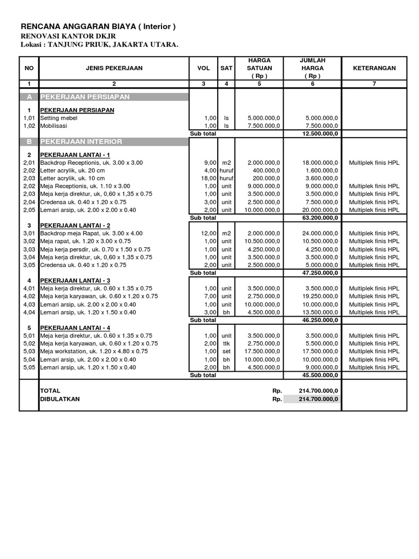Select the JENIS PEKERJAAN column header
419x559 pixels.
(114, 68)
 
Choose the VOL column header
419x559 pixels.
(203, 68)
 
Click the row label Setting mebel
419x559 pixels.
(59, 118)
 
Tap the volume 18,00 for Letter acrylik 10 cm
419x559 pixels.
(209, 179)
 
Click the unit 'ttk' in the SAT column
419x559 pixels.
(226, 344)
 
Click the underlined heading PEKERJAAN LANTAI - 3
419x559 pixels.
(75, 281)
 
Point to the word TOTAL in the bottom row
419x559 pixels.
(50, 391)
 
